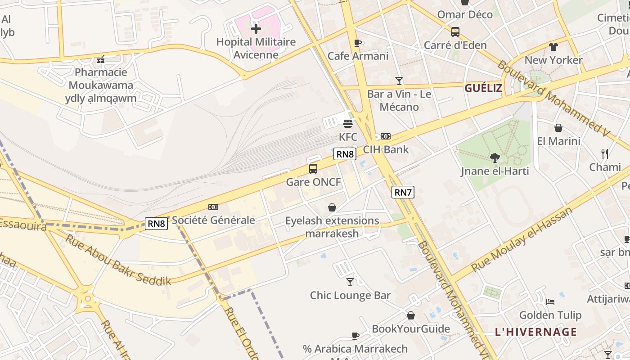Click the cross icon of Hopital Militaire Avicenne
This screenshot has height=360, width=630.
coord(256,29)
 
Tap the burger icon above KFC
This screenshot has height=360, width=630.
coord(348,123)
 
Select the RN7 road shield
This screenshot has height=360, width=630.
coord(403,192)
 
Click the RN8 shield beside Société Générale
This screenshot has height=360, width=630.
coord(156,223)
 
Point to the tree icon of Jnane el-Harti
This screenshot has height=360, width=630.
coord(495,157)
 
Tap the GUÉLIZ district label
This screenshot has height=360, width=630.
coord(483,88)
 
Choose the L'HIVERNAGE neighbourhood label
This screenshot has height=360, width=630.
coord(535,332)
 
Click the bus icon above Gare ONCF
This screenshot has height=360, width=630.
coord(313,169)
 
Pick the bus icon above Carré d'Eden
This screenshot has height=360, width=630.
coord(455,32)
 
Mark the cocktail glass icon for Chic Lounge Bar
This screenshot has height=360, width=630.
coord(350,282)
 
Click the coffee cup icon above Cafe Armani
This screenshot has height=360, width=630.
coord(358,43)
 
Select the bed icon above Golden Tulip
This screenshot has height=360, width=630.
coord(550,301)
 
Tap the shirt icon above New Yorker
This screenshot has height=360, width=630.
coord(553,47)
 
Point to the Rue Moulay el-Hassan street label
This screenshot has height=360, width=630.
coord(522,239)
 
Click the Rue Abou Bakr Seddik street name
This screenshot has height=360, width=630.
coord(118,260)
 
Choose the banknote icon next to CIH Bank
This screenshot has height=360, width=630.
coord(386,136)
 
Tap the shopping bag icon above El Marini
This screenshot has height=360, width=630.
coord(558,128)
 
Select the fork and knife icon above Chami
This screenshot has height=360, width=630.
coord(605,154)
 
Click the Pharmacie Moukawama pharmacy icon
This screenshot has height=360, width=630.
coord(101,59)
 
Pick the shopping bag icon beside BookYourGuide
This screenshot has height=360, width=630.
coord(410,315)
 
